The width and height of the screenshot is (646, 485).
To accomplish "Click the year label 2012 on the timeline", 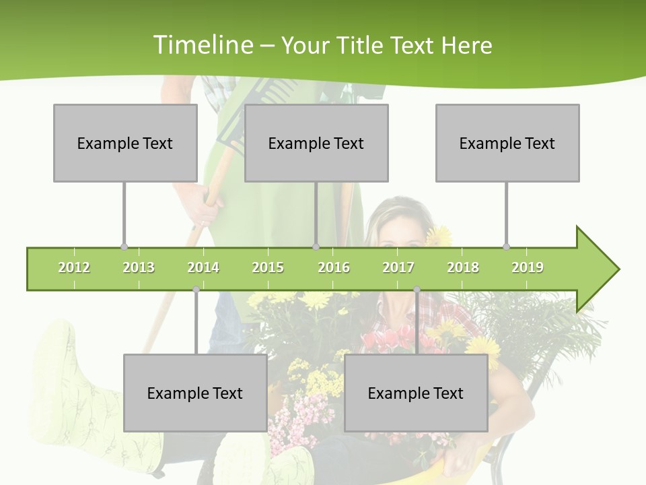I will (x=74, y=267).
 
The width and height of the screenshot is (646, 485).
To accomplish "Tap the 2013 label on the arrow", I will (x=139, y=267).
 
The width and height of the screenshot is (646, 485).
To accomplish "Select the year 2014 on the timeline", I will (x=203, y=267).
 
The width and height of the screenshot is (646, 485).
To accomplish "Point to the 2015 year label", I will (x=268, y=267).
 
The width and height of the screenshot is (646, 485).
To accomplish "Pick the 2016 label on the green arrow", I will (x=334, y=267).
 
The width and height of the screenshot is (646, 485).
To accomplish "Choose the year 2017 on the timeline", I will (x=398, y=267).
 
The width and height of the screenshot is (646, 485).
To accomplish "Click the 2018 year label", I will (x=463, y=267).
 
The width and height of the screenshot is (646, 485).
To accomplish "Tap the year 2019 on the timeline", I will (x=528, y=267).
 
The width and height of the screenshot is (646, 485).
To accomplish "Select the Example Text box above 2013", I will (x=125, y=143).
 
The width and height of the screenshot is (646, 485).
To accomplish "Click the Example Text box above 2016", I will (x=316, y=143).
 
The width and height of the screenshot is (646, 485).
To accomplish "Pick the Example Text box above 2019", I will (x=507, y=143).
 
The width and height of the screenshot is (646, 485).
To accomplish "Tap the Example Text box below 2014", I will (x=195, y=393).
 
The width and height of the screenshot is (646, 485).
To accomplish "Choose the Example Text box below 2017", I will (x=416, y=393).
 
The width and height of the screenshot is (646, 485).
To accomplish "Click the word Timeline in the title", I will (x=203, y=45).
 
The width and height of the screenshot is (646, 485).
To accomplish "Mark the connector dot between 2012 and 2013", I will (x=124, y=247).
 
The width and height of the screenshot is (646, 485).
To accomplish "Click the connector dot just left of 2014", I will (x=196, y=290).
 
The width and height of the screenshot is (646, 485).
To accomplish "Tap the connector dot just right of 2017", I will (x=417, y=290).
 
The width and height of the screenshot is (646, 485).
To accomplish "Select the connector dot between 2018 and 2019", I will (x=507, y=247).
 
